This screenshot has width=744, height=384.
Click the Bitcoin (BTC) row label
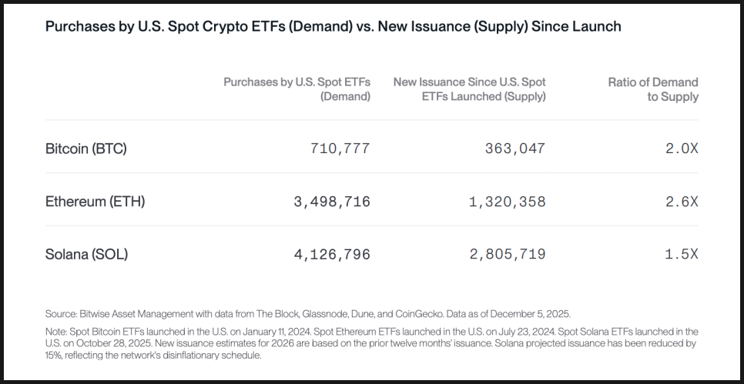pyautogui.click(x=85, y=149)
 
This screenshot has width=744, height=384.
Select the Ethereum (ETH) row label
pyautogui.click(x=95, y=202)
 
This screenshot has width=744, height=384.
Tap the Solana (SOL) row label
pyautogui.click(x=86, y=254)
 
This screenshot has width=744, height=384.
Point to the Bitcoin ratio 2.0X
pyautogui.click(x=682, y=149)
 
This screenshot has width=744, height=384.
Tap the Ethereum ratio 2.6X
pyautogui.click(x=682, y=202)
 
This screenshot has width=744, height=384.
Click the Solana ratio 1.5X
pyautogui.click(x=682, y=254)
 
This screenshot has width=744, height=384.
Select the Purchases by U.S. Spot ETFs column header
pyautogui.click(x=297, y=89)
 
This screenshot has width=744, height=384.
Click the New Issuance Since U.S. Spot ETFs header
pyautogui.click(x=469, y=89)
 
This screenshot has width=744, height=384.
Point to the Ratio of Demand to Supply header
pyautogui.click(x=653, y=89)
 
